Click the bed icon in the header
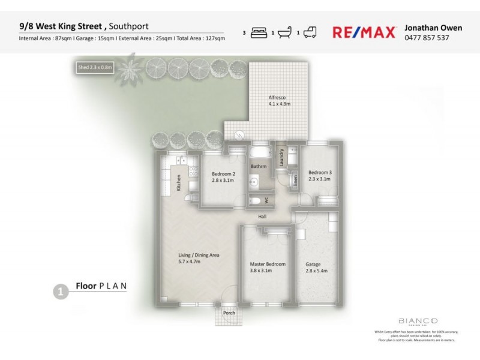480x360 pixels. (x=257, y=33)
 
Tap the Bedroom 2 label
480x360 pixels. (x=223, y=176)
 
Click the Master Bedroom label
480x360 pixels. (x=267, y=267)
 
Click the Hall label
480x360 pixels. (x=262, y=217)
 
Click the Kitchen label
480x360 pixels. (x=178, y=183)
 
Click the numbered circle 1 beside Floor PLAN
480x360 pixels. (x=59, y=292)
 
